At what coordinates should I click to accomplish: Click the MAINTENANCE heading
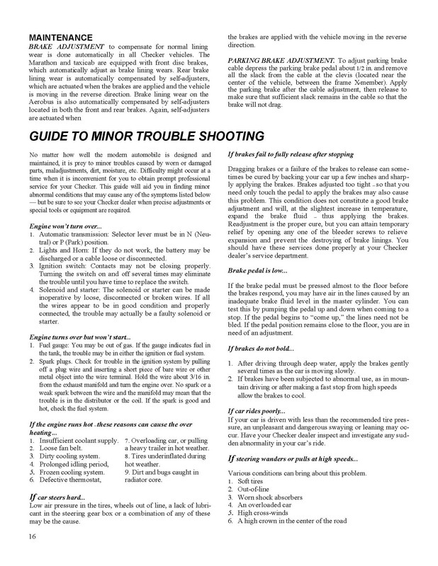[64, 37]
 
